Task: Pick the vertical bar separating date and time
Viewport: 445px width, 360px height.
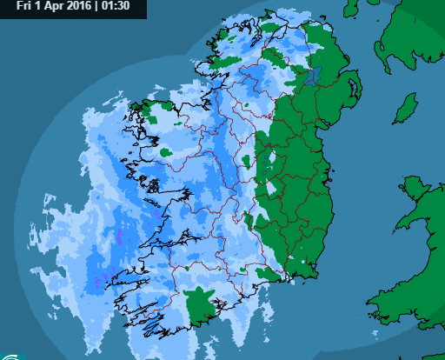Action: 96,6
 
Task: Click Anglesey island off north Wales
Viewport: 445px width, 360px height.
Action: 413,187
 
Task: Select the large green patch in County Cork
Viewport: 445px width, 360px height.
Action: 203,303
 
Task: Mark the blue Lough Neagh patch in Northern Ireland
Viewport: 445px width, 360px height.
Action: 314,75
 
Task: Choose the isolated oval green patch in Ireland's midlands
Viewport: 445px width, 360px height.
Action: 247,160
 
